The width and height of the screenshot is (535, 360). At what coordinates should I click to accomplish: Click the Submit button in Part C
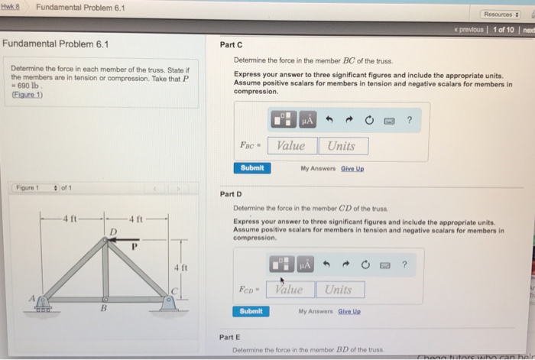click(x=252, y=168)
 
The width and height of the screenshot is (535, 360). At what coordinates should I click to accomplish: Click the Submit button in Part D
click(x=252, y=312)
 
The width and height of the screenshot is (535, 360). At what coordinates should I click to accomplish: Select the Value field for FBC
click(x=290, y=146)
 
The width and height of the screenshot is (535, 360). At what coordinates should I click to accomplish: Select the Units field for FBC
click(x=342, y=146)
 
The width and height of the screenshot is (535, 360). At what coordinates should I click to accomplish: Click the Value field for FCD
click(x=288, y=290)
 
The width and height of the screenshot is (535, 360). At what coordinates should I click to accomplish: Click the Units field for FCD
click(x=338, y=290)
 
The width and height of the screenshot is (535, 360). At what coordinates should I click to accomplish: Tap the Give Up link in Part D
click(x=349, y=312)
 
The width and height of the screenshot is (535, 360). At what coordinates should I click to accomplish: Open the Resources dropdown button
click(x=501, y=15)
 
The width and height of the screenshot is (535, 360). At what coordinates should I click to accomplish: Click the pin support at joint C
click(x=168, y=304)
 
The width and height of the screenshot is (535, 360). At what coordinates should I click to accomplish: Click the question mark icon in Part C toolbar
click(x=410, y=119)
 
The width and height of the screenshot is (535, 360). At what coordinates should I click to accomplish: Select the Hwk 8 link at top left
click(x=10, y=8)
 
